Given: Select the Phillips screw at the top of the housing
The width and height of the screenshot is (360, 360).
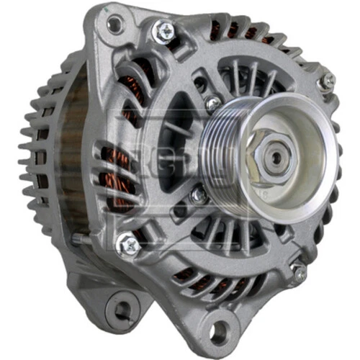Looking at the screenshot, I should pyautogui.click(x=164, y=30).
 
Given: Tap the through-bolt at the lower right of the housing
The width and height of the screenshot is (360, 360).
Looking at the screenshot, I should pyautogui.click(x=298, y=271).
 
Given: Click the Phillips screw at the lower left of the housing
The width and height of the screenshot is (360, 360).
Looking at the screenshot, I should pyautogui.click(x=128, y=245).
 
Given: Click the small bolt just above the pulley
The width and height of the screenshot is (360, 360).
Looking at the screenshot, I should pyautogui.click(x=212, y=103).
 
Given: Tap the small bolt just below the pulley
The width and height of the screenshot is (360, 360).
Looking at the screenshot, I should pyautogui.click(x=199, y=195).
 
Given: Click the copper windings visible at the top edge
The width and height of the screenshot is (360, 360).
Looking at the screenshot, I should pyautogui.click(x=238, y=31).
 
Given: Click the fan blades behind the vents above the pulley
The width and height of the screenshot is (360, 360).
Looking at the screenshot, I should pyautogui.click(x=248, y=76).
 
